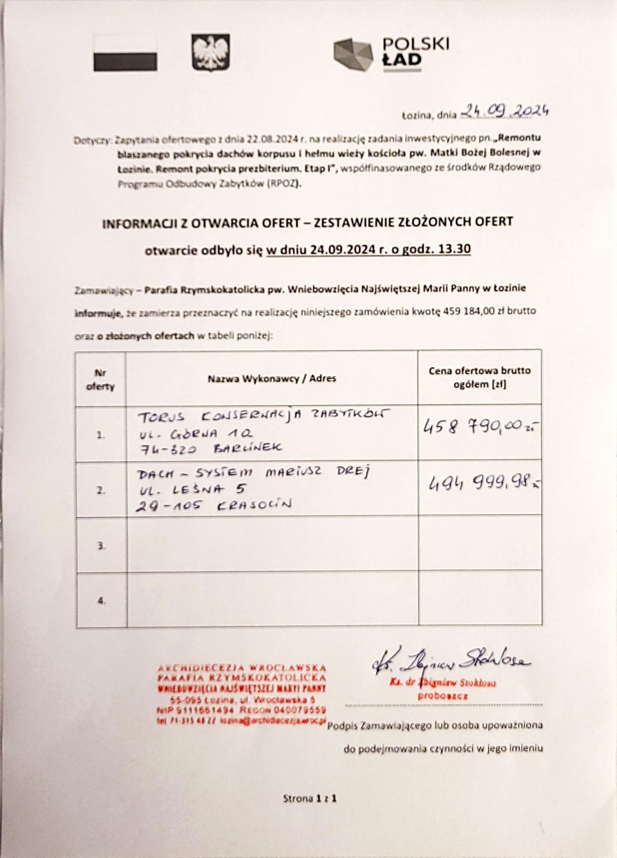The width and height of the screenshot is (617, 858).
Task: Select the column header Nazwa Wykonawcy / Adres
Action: tap(271, 378)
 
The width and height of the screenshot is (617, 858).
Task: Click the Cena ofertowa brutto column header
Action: tap(479, 377)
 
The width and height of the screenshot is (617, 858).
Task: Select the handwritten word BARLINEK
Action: tap(249, 448)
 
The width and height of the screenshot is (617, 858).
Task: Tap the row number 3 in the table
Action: tap(101, 546)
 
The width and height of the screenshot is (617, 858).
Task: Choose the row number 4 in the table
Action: tap(101, 601)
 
